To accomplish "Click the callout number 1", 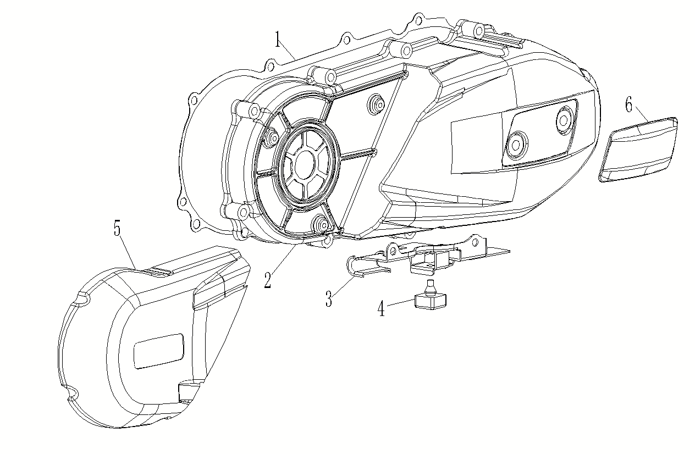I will point(279,39).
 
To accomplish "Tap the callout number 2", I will point(268,280).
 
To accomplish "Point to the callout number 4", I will point(381,309).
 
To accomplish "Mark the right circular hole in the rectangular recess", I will point(565,117).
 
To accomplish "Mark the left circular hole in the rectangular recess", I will point(516,143).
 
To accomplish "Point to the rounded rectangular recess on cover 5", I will point(158,351).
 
